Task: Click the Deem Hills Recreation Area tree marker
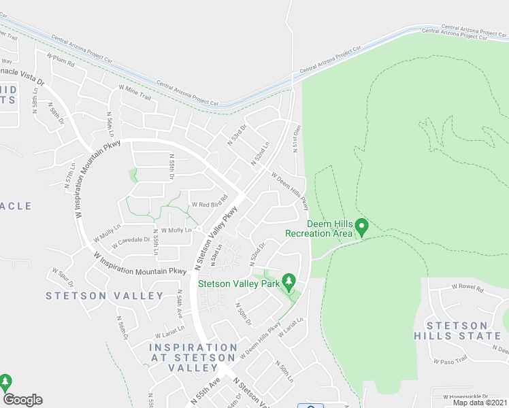(x=362, y=226)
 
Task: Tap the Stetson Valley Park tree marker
(x=289, y=280)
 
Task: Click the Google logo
(x=22, y=400)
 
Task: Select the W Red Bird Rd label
(x=209, y=204)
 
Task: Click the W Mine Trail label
(x=135, y=92)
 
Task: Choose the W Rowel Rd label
(x=467, y=288)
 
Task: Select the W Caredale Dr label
(x=129, y=239)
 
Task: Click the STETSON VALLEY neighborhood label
(x=105, y=296)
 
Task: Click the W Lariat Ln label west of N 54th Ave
(x=166, y=334)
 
